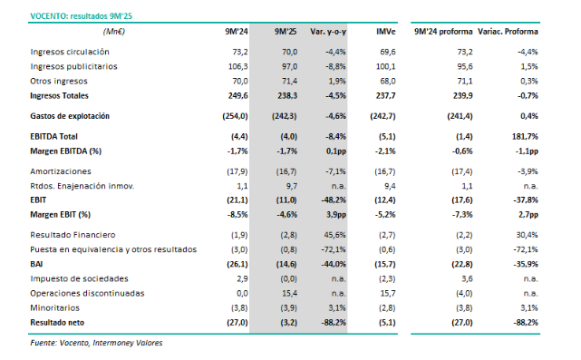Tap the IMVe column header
[x=385, y=31]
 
